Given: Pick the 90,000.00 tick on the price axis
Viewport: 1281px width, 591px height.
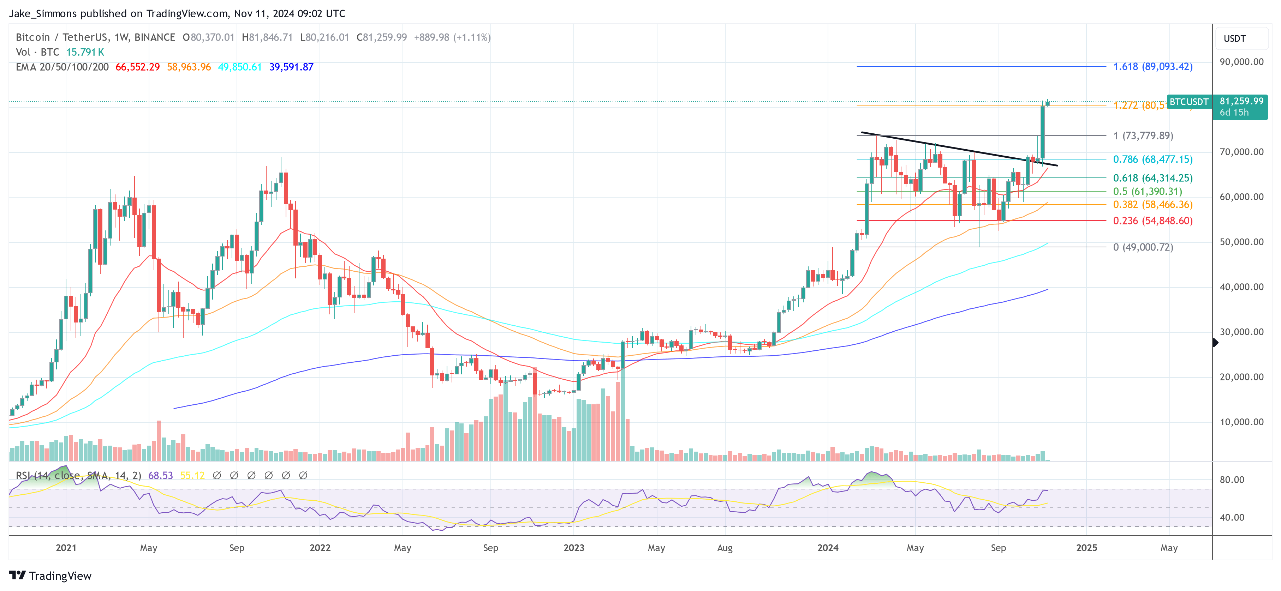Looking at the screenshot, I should click(1241, 62).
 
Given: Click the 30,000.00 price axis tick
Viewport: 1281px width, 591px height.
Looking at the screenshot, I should click(1241, 332).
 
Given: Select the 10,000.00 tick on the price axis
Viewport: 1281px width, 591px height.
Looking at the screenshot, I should click(1241, 422).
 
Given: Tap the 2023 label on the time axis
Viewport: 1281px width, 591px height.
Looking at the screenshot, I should click(573, 548).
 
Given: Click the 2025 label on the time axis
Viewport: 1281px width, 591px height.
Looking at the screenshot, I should click(1086, 548).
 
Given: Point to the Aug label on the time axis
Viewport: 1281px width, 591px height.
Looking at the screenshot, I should click(725, 548).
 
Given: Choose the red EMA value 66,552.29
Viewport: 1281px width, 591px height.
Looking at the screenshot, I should click(137, 67).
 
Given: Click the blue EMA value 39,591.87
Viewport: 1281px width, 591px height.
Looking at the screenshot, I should click(291, 67).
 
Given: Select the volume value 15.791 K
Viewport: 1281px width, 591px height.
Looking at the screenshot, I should click(85, 52).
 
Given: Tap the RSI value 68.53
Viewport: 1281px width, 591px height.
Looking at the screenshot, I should click(160, 476).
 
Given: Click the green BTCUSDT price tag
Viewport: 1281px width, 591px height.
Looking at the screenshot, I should click(1188, 102).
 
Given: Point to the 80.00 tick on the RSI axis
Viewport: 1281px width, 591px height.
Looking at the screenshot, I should click(1232, 480).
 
